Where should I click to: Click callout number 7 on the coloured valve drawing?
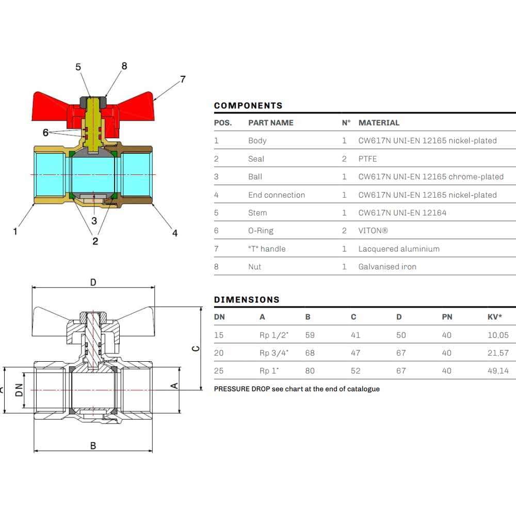pos(183,79)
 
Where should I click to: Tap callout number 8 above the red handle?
pos(124,66)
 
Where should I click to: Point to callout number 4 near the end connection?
pos(175,233)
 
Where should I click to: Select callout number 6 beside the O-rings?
pos(45,132)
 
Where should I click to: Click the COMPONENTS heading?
pos(248,106)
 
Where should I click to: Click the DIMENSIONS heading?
pos(247,299)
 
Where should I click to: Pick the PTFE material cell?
pos(367,158)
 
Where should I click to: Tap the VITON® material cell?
pos(373,230)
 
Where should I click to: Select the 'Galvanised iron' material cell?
pos(388,267)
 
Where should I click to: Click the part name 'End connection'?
pos(277,195)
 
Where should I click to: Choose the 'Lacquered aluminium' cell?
pos(399,249)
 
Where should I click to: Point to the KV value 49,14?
pos(498,371)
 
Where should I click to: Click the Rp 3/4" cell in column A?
pos(274,353)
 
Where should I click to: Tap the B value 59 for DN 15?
pos(310,335)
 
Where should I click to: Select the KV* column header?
pos(495,317)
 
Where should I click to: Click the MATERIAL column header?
pos(379,123)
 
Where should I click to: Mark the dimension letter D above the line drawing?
pos(93,282)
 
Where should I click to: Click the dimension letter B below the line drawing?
pos(93,446)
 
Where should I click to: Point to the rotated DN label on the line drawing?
pos(20,390)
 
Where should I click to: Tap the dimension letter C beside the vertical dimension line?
pos(196,348)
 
